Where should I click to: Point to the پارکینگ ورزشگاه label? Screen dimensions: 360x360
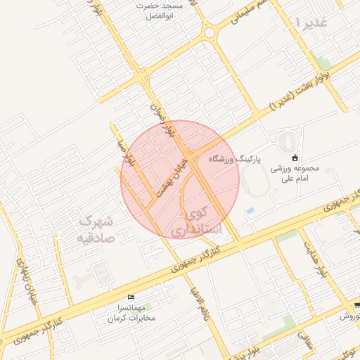pos(234,160)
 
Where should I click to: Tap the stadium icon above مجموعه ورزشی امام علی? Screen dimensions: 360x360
pos(294,157)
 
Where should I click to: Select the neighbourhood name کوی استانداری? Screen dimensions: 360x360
pos(198,220)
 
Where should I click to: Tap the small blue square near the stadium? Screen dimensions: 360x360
pos(250,211)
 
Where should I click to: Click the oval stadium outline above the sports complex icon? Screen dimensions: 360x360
pos(287,140)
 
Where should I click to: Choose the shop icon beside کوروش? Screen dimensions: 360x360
pos(356,305)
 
